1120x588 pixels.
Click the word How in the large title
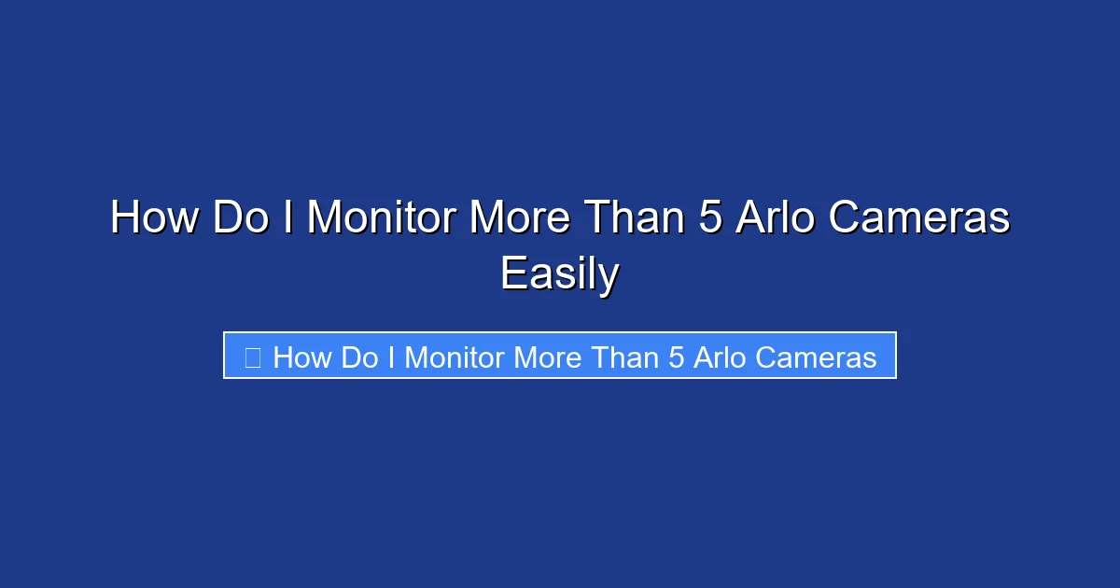coord(155,219)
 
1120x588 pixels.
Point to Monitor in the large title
coord(383,219)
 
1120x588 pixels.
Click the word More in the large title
coord(519,219)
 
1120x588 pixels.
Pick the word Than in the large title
coord(632,219)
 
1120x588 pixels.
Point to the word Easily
coord(559,274)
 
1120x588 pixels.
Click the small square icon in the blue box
coord(252,357)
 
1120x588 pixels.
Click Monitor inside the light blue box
coord(456,357)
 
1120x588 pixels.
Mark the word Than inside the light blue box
coord(624,357)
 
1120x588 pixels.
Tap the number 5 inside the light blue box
coord(677,357)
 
